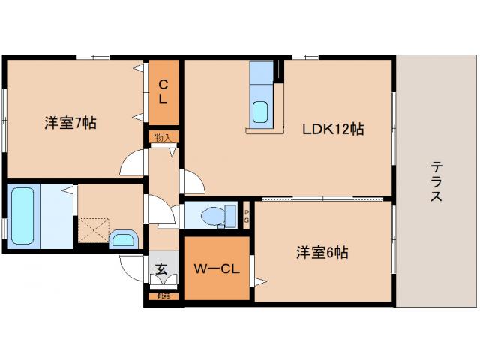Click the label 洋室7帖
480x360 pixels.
click(x=70, y=122)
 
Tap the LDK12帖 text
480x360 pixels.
click(x=333, y=129)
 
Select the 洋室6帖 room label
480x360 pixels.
click(x=321, y=253)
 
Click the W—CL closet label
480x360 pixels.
click(x=216, y=268)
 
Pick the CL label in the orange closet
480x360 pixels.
click(x=163, y=91)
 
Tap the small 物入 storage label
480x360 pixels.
click(x=162, y=137)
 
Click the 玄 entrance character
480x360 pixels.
click(x=161, y=268)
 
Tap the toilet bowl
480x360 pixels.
click(x=214, y=215)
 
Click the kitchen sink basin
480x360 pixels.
click(x=260, y=111)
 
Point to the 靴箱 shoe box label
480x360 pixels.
click(x=163, y=296)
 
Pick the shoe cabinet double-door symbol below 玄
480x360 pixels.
click(x=162, y=282)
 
